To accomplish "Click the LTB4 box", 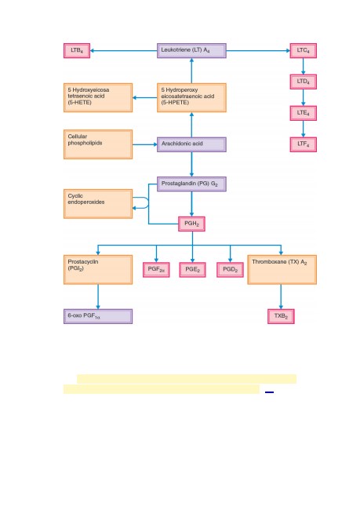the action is click(x=77, y=51).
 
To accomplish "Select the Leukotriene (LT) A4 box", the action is click(x=191, y=51).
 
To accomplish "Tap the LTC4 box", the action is click(x=303, y=51).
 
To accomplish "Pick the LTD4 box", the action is click(x=303, y=82).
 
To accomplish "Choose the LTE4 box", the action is click(x=303, y=113).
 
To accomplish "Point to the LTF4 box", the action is click(x=303, y=144).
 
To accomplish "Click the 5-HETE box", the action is click(x=98, y=97).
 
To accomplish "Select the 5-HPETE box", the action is click(x=191, y=97).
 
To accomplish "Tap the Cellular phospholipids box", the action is click(x=98, y=144).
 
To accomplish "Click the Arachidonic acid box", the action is click(x=191, y=144).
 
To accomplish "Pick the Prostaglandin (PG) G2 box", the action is click(x=191, y=184).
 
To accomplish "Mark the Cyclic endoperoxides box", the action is click(x=98, y=204).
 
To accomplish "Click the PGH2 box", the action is click(x=191, y=224).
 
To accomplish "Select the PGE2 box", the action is click(x=192, y=270).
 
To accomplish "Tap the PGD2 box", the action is click(x=230, y=270).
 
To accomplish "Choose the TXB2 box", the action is click(x=281, y=316).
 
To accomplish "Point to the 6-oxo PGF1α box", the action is click(x=98, y=316).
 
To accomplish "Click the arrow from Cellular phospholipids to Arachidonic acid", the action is click(x=145, y=144).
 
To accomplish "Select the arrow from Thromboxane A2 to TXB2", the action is click(x=281, y=297).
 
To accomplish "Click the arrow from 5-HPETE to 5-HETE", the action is click(x=145, y=97).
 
